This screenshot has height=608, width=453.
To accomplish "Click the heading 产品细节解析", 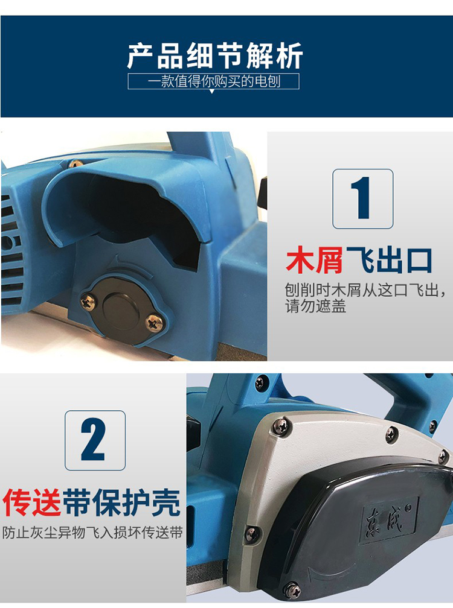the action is click(x=214, y=56).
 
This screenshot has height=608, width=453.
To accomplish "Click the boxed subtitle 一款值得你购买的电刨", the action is click(x=213, y=81).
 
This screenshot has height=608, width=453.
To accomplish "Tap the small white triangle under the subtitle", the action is click(x=211, y=92).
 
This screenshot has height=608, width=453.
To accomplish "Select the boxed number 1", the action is click(x=363, y=198).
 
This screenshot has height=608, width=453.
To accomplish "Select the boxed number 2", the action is click(x=95, y=440).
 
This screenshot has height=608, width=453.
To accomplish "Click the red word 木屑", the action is click(x=314, y=260).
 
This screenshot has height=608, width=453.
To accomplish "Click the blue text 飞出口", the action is click(x=388, y=260).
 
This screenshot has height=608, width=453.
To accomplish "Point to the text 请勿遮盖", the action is click(x=315, y=306).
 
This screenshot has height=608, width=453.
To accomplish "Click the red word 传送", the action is click(x=32, y=502).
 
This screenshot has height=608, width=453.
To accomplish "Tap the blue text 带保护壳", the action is click(x=121, y=502).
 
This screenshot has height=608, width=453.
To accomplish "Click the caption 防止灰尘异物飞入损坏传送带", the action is click(x=92, y=533).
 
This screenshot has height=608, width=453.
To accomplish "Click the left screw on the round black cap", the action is click(x=89, y=302).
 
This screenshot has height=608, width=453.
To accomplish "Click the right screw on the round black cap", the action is click(x=155, y=323).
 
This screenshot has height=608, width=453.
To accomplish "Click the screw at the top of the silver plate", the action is click(x=282, y=427).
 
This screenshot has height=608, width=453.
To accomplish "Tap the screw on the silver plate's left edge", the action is click(x=251, y=534).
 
